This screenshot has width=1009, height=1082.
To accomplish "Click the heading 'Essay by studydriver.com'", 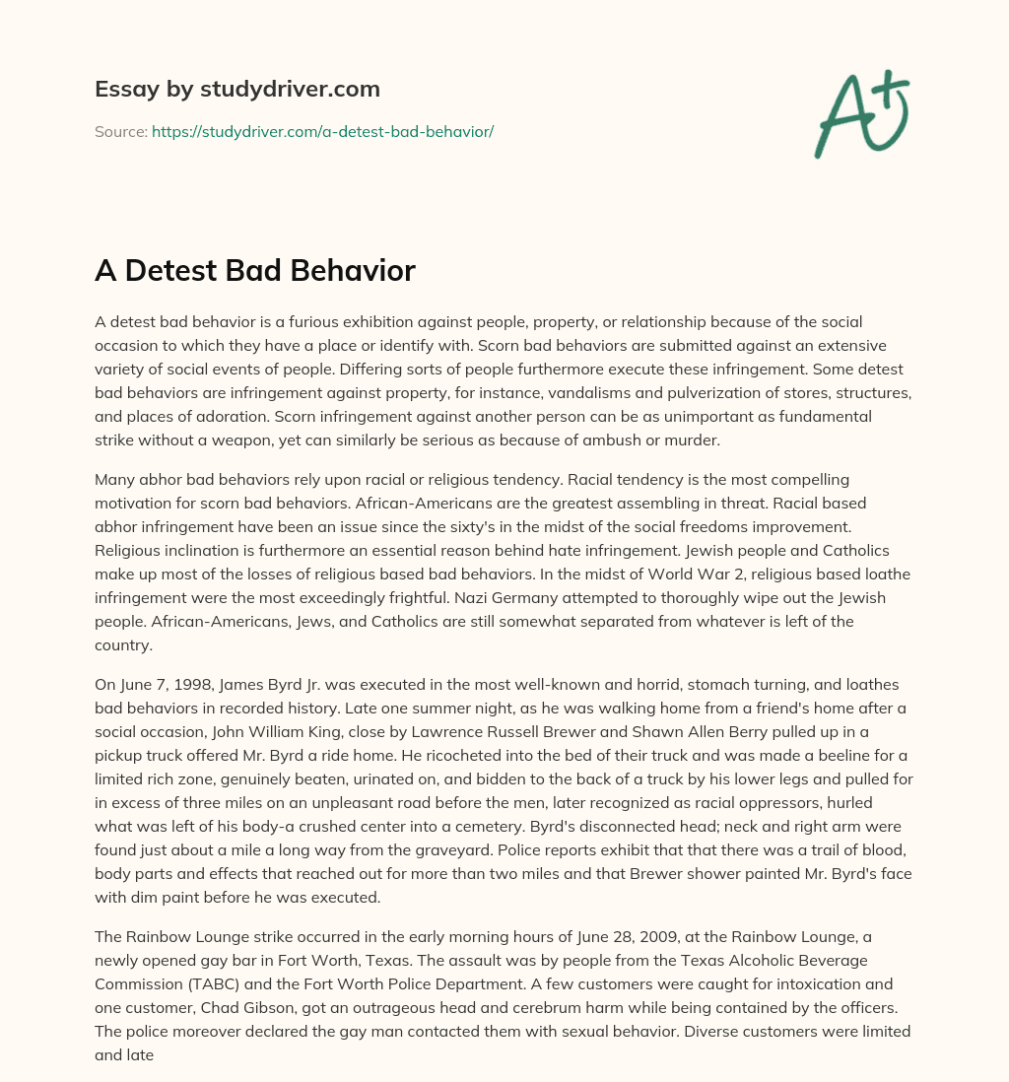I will pyautogui.click(x=236, y=90).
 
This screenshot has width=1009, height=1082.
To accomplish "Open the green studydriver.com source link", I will pyautogui.click(x=322, y=131).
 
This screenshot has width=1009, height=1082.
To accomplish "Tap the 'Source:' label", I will pyautogui.click(x=120, y=131).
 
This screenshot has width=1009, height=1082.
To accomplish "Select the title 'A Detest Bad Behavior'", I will pyautogui.click(x=254, y=271).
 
